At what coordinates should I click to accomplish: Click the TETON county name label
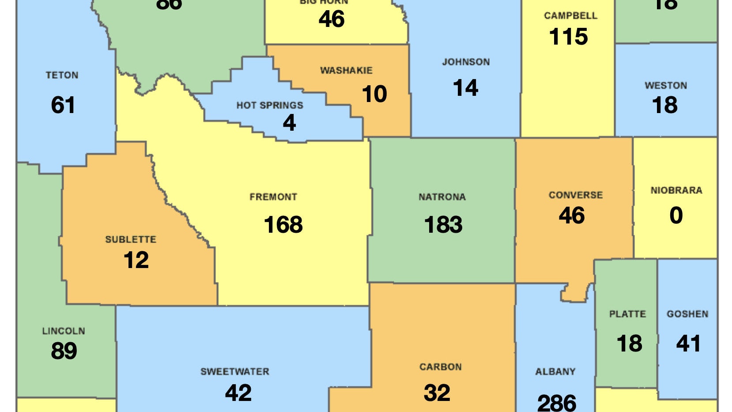[62, 75]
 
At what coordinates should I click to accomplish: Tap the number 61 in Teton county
[63, 105]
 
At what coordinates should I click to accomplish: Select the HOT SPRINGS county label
[270, 106]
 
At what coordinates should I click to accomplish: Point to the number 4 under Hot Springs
[289, 122]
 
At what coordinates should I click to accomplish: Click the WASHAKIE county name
[346, 71]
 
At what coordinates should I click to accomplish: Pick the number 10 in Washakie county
[374, 94]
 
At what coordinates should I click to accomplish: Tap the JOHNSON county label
[466, 62]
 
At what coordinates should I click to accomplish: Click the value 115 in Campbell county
[569, 37]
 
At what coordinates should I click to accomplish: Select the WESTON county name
[666, 86]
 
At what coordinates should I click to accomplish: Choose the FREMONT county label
[273, 197]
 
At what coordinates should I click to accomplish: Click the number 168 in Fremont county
[283, 224]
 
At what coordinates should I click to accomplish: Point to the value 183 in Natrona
[443, 224]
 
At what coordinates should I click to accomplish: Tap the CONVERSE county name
[575, 195]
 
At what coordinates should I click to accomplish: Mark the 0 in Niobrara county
[676, 215]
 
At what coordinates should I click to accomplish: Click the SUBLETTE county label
[131, 239]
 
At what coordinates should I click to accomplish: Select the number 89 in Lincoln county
[64, 351]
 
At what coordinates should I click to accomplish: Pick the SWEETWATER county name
[235, 372]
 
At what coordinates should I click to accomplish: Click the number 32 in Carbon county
[437, 393]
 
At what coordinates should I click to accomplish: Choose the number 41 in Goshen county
[688, 344]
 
